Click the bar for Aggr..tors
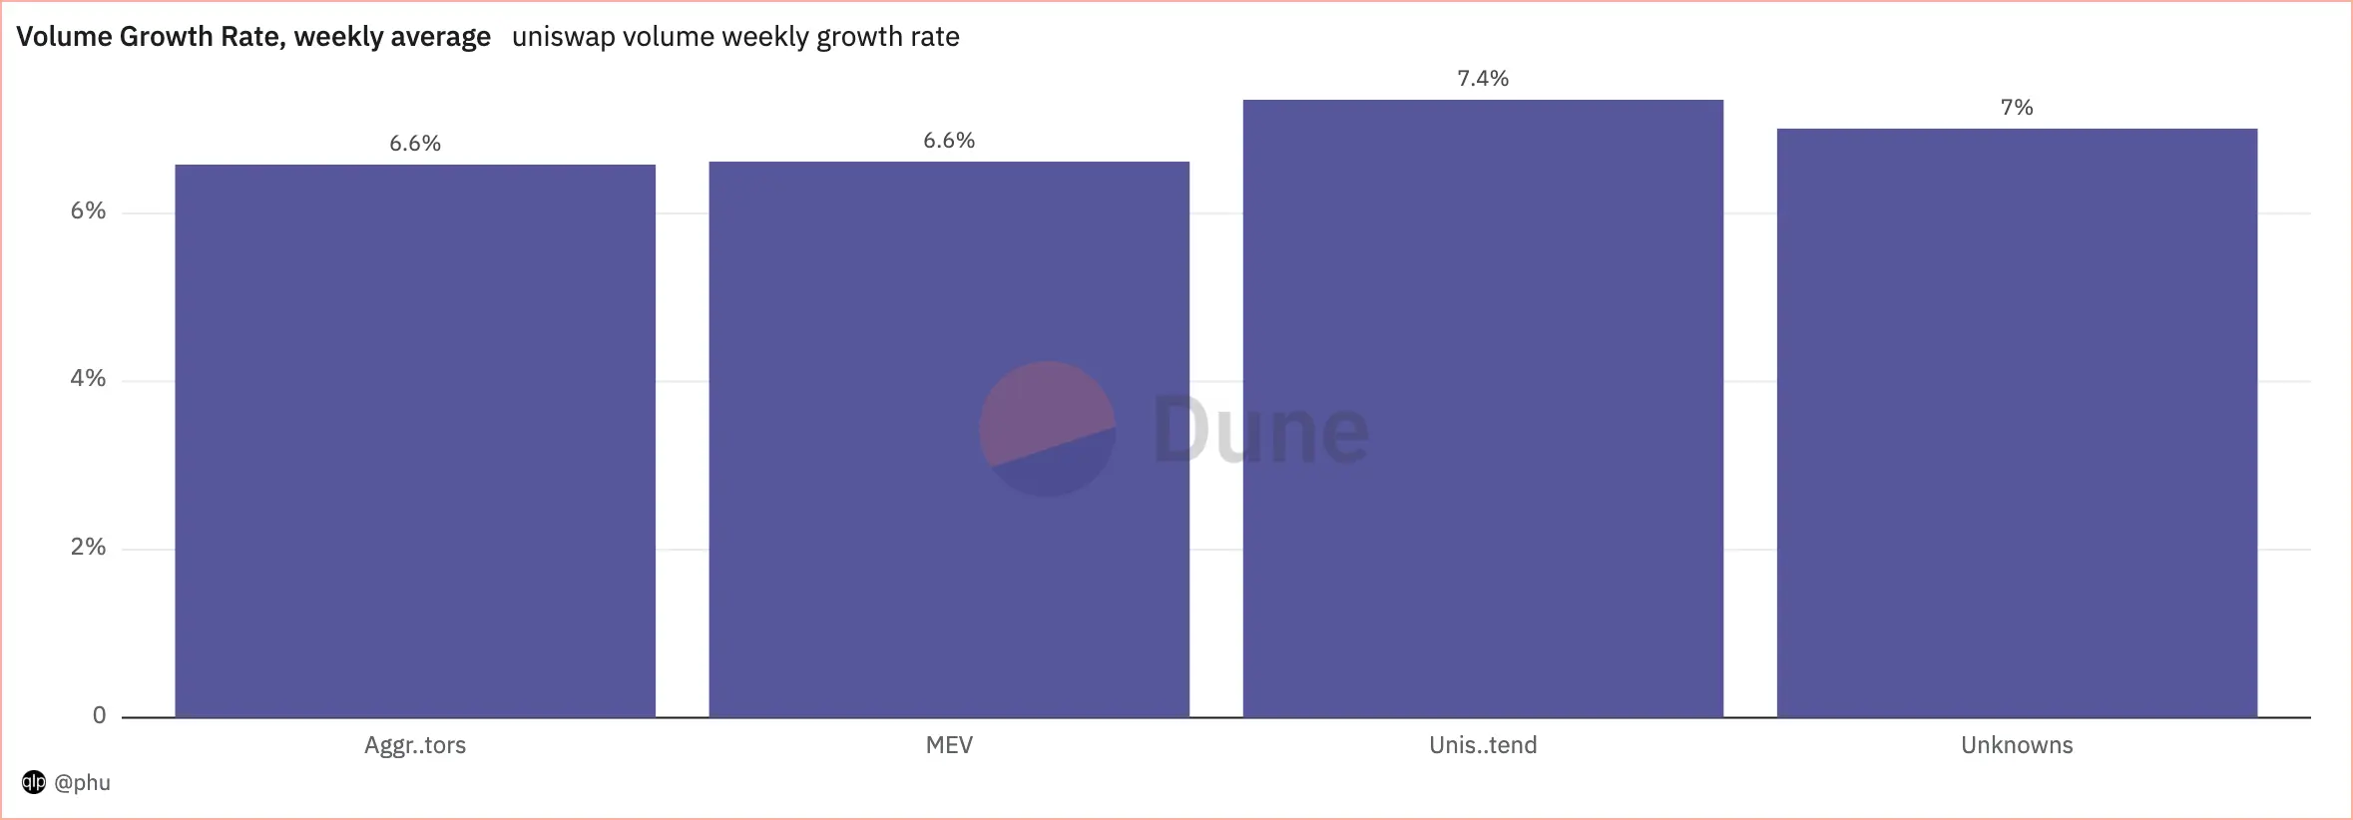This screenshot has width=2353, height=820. coord(415,440)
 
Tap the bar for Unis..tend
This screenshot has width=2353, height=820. coord(1483,408)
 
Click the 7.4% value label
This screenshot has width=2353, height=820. coord(1483,79)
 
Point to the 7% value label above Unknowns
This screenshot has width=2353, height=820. coord(2017,108)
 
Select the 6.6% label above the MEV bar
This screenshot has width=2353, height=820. coord(949,141)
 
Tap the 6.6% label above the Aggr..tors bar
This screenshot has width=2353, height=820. coord(415,144)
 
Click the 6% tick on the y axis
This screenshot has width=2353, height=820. coord(88,210)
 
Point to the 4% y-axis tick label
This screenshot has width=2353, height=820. coord(88,379)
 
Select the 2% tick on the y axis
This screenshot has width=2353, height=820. coord(88,547)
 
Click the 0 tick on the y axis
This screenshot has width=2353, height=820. coord(99,715)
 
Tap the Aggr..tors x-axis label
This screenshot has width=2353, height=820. coord(415,745)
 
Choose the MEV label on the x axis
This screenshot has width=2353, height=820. coord(949,745)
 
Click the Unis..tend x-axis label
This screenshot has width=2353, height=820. coord(1483,745)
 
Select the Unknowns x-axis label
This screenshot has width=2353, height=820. coord(2017,745)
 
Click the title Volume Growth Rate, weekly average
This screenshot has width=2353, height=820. coord(253,37)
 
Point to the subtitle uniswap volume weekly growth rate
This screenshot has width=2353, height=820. coord(735,37)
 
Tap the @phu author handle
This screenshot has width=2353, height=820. coord(82,782)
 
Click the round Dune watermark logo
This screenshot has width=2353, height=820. coord(1047,429)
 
